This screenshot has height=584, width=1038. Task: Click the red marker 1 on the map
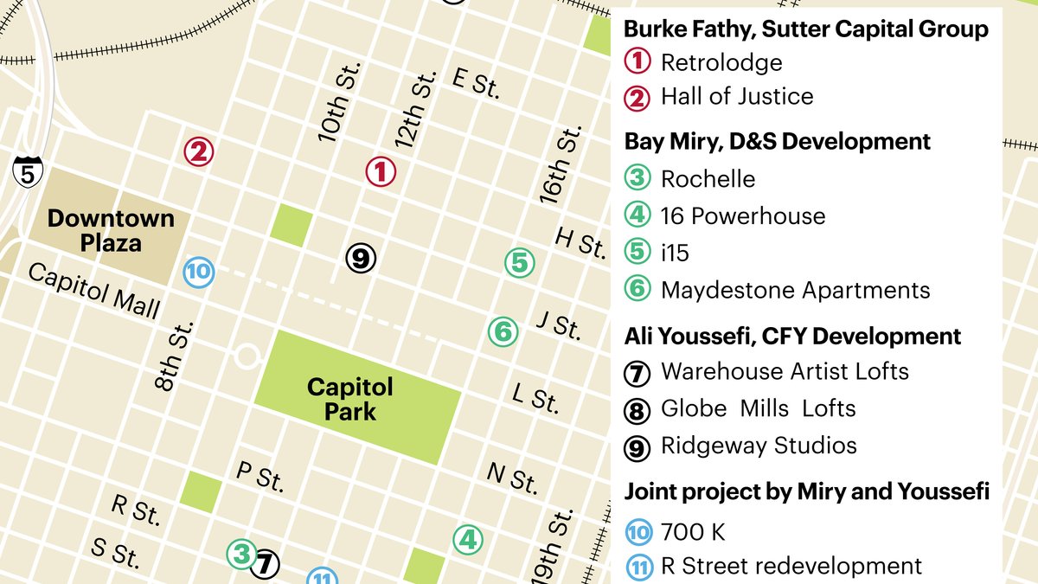click(x=380, y=171)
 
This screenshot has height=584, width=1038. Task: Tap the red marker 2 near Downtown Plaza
click(x=198, y=153)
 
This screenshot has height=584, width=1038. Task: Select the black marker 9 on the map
click(x=361, y=257)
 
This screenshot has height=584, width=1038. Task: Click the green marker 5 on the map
click(x=519, y=262)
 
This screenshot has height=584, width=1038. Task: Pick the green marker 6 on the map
click(x=503, y=331)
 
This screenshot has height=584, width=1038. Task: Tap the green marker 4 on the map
click(x=468, y=540)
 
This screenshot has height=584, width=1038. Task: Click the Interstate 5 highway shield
click(x=28, y=173)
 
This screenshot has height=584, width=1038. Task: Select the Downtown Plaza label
click(x=111, y=230)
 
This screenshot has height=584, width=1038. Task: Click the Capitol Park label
click(x=349, y=398)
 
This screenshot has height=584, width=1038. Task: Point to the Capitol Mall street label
click(x=93, y=291)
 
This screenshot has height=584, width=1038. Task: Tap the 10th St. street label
click(x=338, y=101)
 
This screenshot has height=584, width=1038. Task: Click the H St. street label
click(x=580, y=242)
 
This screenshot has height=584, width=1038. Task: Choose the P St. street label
click(x=259, y=476)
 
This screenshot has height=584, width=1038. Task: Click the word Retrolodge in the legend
click(x=721, y=62)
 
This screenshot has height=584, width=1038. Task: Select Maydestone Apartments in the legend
click(x=795, y=290)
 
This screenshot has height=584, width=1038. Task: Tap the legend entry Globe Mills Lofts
click(x=758, y=408)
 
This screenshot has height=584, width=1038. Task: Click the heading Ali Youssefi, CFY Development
click(x=792, y=336)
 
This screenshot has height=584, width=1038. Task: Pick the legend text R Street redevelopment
click(x=791, y=567)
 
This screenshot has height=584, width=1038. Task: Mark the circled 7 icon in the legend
click(x=638, y=373)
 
